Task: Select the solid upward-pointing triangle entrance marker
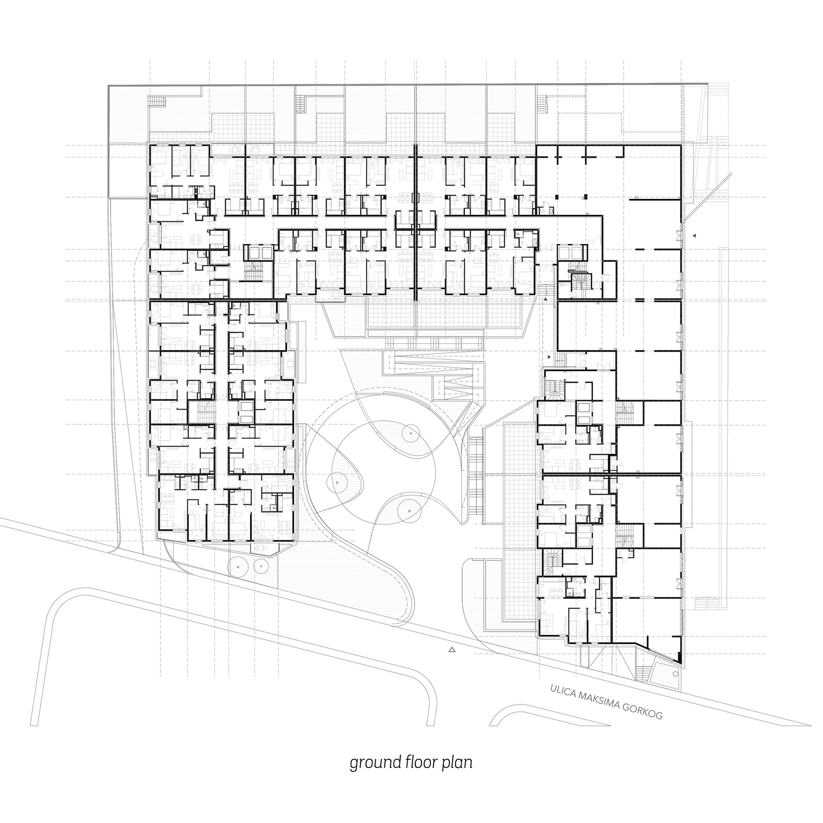click(x=545, y=300)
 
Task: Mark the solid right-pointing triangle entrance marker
click(x=549, y=356)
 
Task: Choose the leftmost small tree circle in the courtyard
click(x=337, y=482)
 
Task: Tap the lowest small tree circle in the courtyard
click(x=409, y=511)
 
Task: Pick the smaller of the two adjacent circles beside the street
click(x=260, y=566)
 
